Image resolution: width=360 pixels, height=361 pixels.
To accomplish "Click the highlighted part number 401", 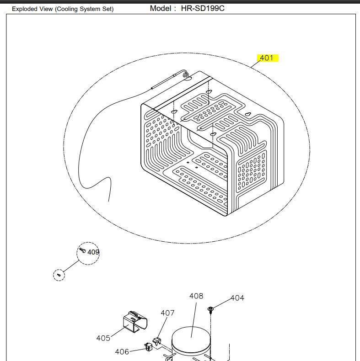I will tap(266, 58).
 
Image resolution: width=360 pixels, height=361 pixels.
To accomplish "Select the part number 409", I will tap(93, 252).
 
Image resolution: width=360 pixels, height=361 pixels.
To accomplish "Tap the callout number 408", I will tap(196, 296).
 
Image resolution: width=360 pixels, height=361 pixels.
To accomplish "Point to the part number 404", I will tap(237, 298).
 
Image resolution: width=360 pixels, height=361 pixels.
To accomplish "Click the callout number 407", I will tap(167, 313).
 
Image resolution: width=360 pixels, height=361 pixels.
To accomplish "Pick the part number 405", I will tap(103, 338).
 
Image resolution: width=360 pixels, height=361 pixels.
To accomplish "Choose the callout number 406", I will tap(122, 351).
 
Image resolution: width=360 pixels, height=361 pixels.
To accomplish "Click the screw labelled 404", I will tap(211, 310).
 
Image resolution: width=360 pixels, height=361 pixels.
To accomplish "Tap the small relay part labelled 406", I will tap(148, 347).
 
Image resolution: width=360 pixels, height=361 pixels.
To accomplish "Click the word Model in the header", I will tap(160, 8).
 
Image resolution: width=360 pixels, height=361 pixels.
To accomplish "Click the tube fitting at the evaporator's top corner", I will tap(184, 73).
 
